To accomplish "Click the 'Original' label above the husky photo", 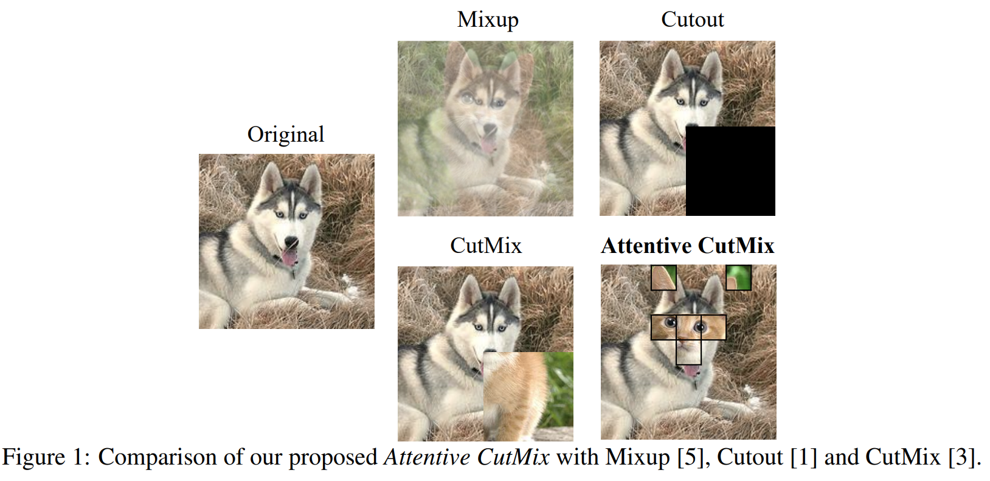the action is (286, 134).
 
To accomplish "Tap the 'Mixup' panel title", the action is (488, 19).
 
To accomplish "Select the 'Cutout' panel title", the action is (692, 19).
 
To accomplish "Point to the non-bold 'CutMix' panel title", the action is (486, 246).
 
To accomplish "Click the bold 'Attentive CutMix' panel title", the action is (687, 246).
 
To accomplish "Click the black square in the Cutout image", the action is (730, 171).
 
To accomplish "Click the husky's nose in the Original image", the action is (291, 241).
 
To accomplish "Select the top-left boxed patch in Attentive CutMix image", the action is (663, 278).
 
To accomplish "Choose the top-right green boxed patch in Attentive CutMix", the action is (738, 278).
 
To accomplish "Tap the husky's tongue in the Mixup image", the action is (488, 145).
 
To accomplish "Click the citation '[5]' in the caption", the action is (693, 457).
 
